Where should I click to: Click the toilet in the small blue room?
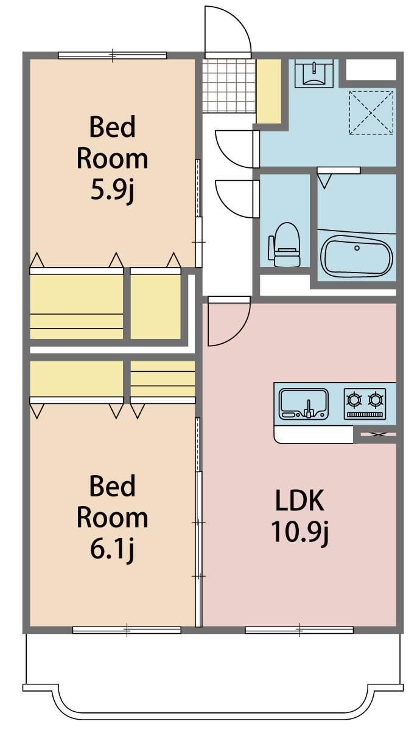pos(284,244)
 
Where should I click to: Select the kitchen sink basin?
pos(304,404)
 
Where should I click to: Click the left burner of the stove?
pos(355,400)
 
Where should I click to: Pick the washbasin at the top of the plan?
pos(314,74)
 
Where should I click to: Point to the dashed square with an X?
pos(371,113)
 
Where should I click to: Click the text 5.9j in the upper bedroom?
pos(112,191)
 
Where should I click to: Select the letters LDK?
pos(299,500)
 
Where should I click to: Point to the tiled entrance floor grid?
pos(228,85)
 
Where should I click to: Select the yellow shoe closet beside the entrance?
pos(268,91)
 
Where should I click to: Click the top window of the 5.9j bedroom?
pos(113,55)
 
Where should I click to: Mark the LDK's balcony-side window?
pos(299,630)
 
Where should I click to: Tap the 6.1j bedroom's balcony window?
pos(127,630)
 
